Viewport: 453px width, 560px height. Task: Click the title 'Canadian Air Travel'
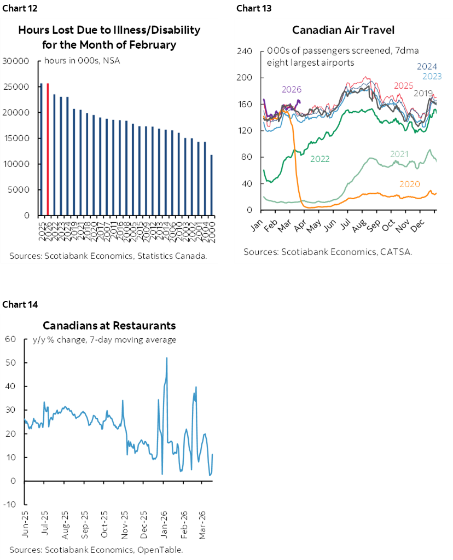343,30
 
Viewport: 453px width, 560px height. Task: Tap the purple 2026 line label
291,89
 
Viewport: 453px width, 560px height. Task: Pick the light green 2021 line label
400,154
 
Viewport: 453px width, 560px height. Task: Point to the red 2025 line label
403,86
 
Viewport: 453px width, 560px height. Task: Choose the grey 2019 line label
423,93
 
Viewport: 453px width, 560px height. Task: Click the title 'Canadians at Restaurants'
109,326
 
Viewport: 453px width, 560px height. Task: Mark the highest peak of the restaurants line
166,358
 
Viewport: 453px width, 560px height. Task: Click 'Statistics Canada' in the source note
172,256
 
